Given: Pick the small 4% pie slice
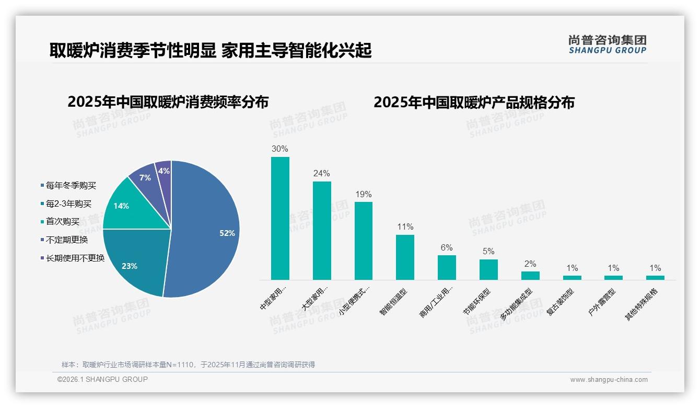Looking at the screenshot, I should [164, 172].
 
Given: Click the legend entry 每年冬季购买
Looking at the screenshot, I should [71, 186].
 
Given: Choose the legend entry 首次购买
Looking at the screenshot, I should [63, 222].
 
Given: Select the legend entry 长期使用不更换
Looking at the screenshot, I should [75, 258].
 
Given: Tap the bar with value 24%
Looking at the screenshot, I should [322, 230].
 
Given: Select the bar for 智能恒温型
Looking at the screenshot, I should [405, 257].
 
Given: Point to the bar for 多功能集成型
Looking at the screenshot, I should [530, 275].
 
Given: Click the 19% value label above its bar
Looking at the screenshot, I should [363, 195].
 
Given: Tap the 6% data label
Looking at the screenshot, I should [447, 248].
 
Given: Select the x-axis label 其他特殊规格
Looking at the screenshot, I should [642, 304].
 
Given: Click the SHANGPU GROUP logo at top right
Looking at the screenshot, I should [607, 44].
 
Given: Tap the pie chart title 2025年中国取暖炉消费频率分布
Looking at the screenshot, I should [168, 102].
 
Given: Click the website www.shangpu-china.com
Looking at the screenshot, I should [609, 380].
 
